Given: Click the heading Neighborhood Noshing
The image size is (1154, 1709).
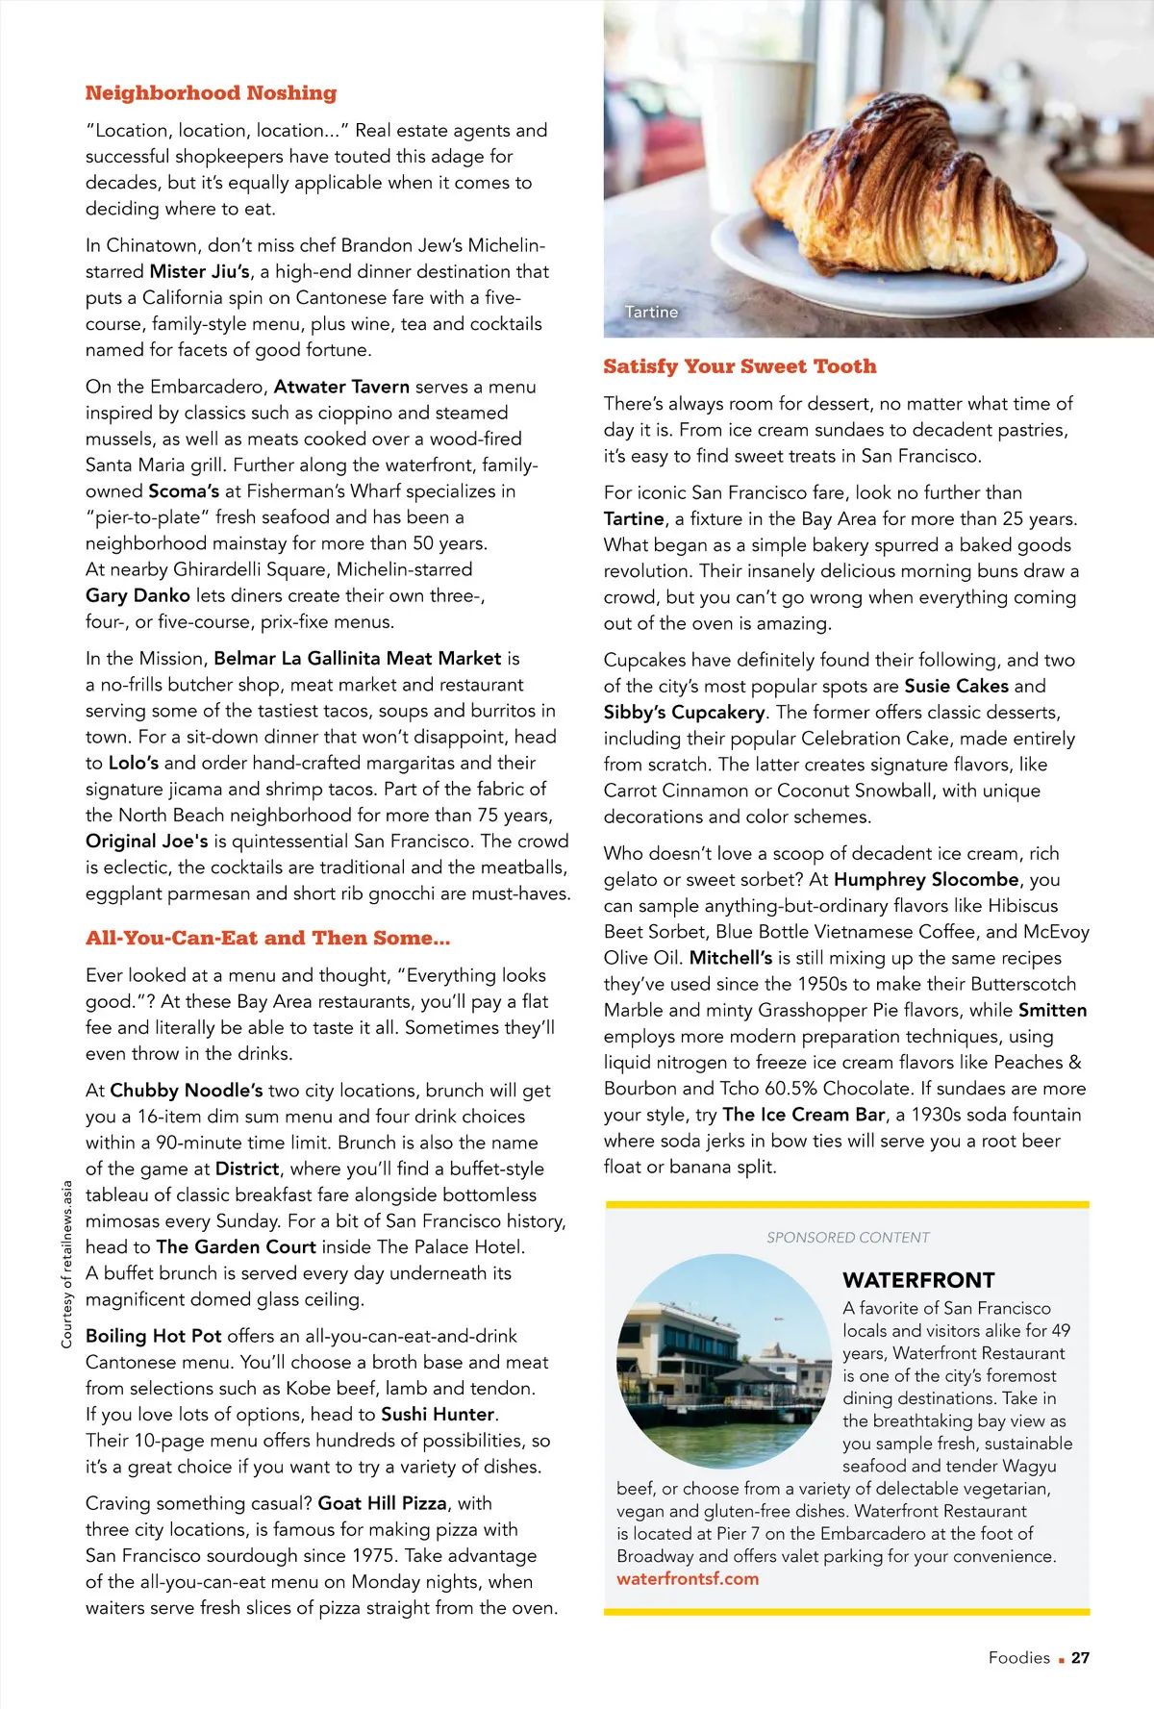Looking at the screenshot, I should pos(211,93).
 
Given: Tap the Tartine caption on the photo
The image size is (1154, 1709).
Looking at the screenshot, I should pos(651,312).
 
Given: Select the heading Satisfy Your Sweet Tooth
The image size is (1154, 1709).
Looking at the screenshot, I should pos(740,366).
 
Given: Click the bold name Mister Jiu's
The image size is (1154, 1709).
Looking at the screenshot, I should pos(200,272).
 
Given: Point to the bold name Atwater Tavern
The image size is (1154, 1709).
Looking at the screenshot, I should pos(341,387).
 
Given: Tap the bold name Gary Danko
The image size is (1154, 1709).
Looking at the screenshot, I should pos(138,595).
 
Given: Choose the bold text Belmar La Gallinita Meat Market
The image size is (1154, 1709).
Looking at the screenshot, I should pos(358,659).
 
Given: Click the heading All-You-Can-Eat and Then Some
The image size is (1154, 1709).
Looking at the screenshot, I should pos(267,939).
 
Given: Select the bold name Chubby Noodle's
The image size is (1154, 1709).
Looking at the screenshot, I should pos(186,1091).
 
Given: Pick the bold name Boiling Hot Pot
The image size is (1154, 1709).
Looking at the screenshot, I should pos(154,1336).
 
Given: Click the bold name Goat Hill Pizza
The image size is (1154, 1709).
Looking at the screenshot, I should pos(382,1503).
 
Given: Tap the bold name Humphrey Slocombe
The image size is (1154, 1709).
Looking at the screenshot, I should pos(926,879).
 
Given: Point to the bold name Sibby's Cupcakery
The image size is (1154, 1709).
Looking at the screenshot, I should pos(684,713).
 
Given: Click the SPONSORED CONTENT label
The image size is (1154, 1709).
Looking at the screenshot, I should pos(848,1238).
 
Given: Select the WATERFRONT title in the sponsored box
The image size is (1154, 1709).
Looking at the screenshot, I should pos(918,1280).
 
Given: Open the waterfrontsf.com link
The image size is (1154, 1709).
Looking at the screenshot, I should pos(688,1578).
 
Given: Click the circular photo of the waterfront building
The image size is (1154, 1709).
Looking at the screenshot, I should pos(724,1360).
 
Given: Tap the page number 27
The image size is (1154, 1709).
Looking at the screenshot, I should pos(1080,1657).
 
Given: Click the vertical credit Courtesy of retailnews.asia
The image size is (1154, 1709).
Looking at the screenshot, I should pos(66,1264).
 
